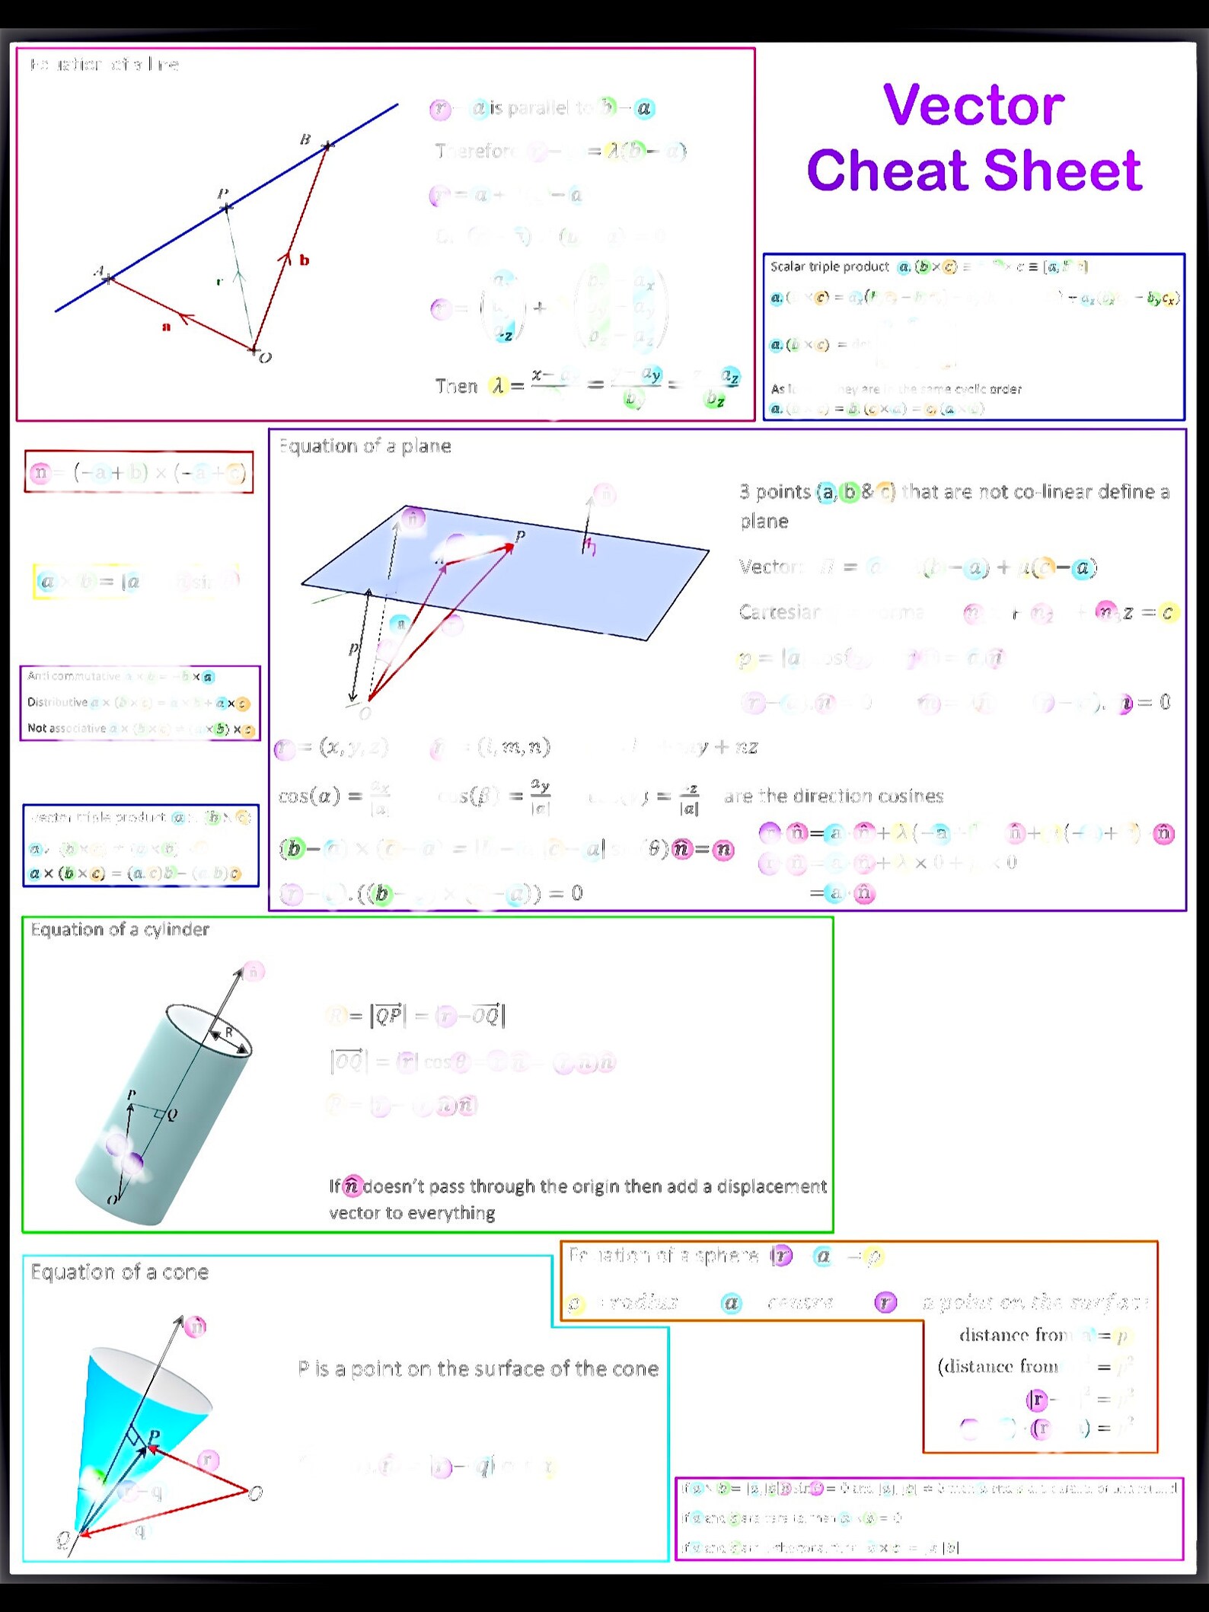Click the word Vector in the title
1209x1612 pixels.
click(973, 105)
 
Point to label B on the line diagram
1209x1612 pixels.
click(305, 139)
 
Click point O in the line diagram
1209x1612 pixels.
click(264, 357)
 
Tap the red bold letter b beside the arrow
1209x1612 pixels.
click(304, 260)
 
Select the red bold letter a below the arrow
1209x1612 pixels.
click(166, 327)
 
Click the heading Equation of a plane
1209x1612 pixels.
click(365, 446)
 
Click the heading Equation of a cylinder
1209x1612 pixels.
click(120, 930)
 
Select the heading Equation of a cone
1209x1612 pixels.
click(120, 1272)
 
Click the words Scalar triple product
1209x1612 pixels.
click(829, 267)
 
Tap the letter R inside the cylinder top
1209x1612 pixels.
click(228, 1033)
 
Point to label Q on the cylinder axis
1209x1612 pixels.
click(172, 1115)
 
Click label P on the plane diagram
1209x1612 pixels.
click(520, 536)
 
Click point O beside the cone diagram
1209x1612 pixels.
click(256, 1493)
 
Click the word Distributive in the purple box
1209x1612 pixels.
click(57, 702)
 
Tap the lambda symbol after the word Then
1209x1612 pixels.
click(498, 386)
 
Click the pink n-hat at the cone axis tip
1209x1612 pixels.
click(196, 1327)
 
